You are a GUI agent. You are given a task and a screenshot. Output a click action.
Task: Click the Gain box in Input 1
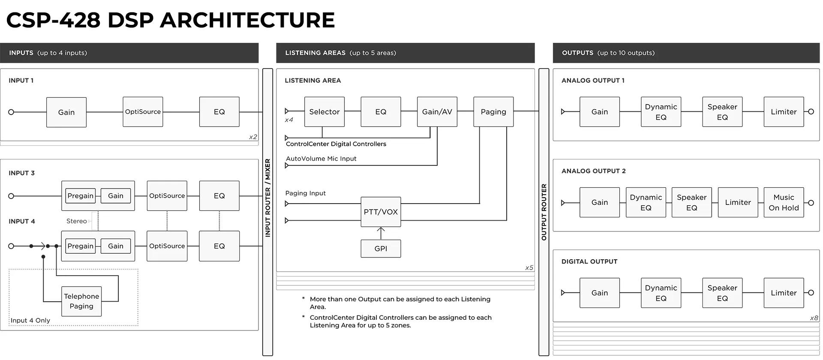click(x=66, y=112)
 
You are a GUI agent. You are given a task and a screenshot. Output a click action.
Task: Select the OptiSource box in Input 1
click(x=143, y=112)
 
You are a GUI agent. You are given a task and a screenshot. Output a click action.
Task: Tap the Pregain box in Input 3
click(x=80, y=196)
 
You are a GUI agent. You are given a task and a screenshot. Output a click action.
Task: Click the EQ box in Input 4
click(x=219, y=246)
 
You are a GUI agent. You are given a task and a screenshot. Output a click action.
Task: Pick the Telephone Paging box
click(x=81, y=301)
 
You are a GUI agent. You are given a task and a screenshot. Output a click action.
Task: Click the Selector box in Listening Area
click(x=324, y=112)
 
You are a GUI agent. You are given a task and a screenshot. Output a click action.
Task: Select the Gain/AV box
click(x=437, y=112)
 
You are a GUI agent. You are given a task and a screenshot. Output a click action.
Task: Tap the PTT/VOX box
click(x=381, y=212)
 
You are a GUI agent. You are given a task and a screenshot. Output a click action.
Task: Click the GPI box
click(x=381, y=249)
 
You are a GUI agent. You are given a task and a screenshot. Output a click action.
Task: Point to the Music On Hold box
click(x=784, y=202)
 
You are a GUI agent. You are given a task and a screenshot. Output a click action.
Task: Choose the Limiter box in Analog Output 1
click(x=784, y=112)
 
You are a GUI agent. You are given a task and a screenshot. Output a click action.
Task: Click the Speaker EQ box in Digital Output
click(x=722, y=293)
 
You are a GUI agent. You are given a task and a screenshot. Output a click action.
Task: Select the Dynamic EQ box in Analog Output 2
click(x=646, y=202)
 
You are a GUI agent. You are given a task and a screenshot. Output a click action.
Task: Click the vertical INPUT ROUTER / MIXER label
click(x=267, y=198)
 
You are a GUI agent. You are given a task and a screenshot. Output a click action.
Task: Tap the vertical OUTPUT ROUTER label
click(x=544, y=212)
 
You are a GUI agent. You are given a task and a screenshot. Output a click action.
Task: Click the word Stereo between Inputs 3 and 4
click(x=76, y=221)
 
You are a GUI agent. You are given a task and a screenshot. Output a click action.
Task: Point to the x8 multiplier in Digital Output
click(x=814, y=318)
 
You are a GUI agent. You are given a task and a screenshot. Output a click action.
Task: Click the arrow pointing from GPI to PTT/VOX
click(x=381, y=233)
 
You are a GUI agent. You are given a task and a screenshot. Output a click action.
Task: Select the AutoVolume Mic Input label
click(x=321, y=159)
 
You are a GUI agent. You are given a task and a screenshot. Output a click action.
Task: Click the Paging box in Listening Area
click(x=493, y=112)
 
